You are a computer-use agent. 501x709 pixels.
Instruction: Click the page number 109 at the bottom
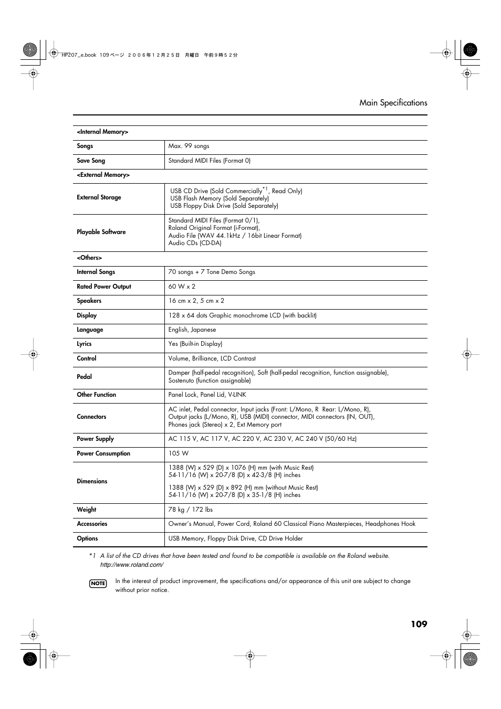coord(419,624)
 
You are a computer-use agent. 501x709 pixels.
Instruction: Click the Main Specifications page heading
coord(393,103)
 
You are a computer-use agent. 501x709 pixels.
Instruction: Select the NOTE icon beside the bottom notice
coord(98,584)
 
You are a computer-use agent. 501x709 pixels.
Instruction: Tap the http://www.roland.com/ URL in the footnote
coord(132,565)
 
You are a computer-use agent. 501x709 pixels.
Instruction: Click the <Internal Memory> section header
coord(102,132)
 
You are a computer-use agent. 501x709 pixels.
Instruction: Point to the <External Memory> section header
coord(103,175)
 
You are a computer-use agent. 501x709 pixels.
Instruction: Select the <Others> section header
coord(89,258)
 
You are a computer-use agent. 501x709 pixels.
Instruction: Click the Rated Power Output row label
coord(104,287)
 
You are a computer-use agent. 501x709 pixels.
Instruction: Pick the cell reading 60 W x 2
coord(182,287)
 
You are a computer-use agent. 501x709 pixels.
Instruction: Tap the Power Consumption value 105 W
coord(179,453)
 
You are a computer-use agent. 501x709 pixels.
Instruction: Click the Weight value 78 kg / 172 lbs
coord(190,510)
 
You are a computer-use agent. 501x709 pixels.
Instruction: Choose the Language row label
coord(90,330)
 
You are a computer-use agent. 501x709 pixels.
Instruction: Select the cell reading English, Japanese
coord(192,330)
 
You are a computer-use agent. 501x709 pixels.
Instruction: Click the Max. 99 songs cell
coord(189,146)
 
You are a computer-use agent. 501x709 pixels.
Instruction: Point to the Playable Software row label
coord(101,232)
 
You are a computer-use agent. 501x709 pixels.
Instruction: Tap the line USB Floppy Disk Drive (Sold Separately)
coord(224,206)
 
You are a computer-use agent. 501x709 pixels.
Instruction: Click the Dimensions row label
coord(92,481)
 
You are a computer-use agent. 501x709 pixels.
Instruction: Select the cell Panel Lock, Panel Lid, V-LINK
coord(207,395)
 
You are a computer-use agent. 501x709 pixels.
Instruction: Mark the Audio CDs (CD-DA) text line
coord(195,243)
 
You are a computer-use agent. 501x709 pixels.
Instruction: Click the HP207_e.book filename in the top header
coord(79,55)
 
